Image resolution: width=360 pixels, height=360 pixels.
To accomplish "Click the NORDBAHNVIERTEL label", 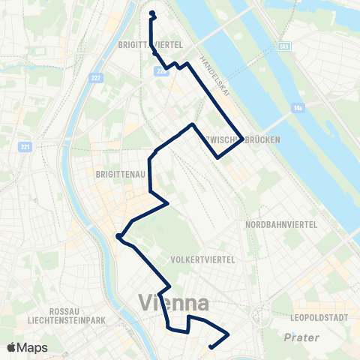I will [x=283, y=224].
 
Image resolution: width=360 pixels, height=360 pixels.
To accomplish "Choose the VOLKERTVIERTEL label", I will [x=203, y=259].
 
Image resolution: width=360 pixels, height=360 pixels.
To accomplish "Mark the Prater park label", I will [x=301, y=337].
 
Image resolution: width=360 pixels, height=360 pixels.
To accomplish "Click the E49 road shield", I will [x=283, y=46].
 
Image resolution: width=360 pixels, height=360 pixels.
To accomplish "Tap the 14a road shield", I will [x=298, y=109].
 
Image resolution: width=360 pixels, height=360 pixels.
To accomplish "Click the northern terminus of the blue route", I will [x=152, y=13].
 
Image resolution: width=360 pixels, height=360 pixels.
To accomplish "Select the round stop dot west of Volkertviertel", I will [x=118, y=237].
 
